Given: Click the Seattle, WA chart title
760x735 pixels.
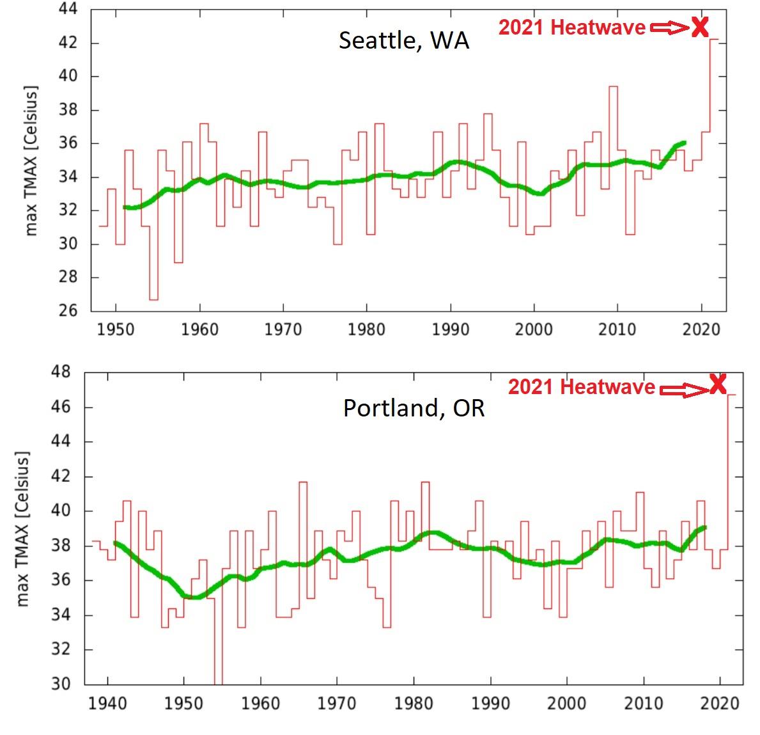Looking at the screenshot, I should click(x=403, y=40).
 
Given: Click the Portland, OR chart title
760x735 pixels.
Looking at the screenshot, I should click(x=414, y=407).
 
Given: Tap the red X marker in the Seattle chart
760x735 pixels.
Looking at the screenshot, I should click(x=700, y=27).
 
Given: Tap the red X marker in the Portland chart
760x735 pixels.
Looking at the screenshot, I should click(x=718, y=384).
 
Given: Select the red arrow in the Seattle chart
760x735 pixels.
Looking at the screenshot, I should click(x=669, y=28).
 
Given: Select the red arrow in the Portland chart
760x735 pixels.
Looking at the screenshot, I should click(x=683, y=388).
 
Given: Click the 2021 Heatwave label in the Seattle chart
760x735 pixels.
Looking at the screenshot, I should click(x=571, y=28).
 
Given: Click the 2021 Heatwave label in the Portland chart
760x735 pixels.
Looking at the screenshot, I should click(x=581, y=387).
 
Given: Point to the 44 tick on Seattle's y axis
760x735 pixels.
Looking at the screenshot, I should click(x=68, y=10).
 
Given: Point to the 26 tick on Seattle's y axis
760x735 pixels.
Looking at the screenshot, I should click(x=68, y=311).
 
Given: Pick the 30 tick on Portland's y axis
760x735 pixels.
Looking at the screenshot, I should click(x=63, y=684).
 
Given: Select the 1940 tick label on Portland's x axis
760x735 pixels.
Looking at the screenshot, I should click(x=108, y=703).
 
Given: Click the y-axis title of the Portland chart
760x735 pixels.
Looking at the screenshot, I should click(x=23, y=529).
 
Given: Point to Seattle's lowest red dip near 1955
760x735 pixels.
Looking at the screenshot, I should click(x=153, y=299).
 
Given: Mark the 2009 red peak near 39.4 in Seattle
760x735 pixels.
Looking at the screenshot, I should click(x=613, y=86).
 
